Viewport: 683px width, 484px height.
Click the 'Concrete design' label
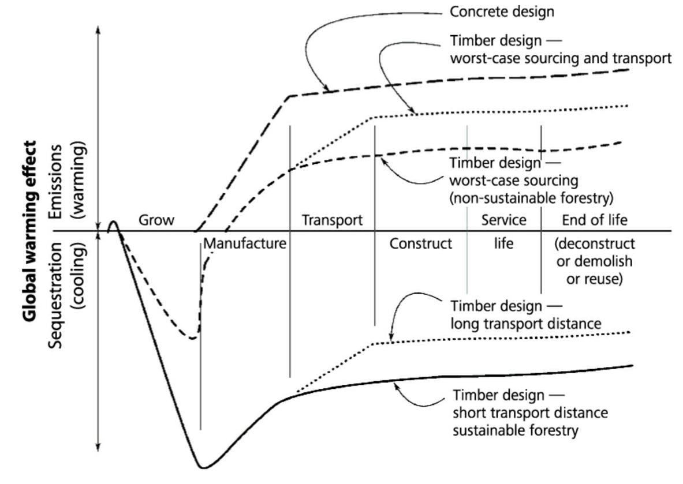point(502,12)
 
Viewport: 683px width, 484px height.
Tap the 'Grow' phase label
point(156,220)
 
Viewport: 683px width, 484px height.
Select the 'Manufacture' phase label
point(245,243)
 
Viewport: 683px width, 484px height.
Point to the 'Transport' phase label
point(332,220)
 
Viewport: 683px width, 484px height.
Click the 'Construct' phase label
point(420,243)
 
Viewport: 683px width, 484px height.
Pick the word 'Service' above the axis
point(504,220)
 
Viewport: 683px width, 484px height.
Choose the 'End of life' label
point(595,220)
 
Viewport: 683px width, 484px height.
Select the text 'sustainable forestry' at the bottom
point(515,430)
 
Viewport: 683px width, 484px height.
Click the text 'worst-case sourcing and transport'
point(560,58)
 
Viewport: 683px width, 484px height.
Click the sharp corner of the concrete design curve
point(290,96)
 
